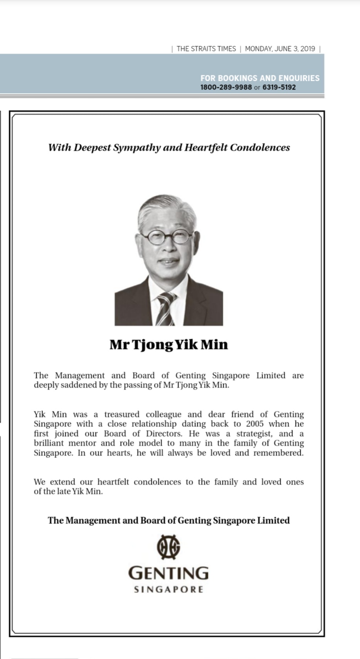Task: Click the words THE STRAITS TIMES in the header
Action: click(206, 49)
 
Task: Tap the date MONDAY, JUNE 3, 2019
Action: click(280, 49)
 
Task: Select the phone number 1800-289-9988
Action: click(226, 87)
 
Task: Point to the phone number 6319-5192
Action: click(279, 87)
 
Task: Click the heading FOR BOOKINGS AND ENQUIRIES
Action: click(260, 78)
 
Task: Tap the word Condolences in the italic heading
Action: click(260, 148)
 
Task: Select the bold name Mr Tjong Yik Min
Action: click(169, 345)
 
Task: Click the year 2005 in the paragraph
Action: click(255, 424)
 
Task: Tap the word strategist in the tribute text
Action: click(254, 434)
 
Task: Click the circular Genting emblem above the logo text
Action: click(168, 547)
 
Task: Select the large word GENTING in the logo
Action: click(168, 573)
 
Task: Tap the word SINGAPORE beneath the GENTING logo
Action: click(168, 590)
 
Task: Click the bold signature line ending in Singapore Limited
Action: click(169, 520)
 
